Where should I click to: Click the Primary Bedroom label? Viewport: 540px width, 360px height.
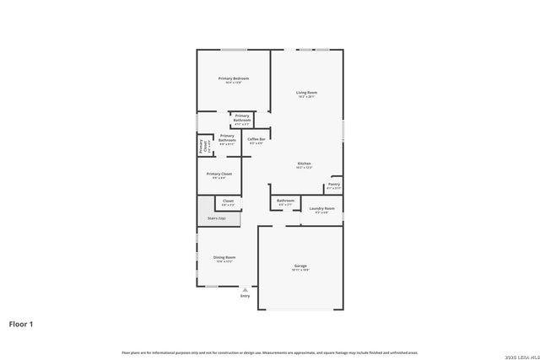click(x=234, y=78)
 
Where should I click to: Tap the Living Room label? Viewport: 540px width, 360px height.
click(x=306, y=92)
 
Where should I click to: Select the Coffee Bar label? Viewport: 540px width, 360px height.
click(x=256, y=139)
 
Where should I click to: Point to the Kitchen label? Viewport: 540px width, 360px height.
click(x=304, y=163)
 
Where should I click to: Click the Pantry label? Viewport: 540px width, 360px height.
click(x=334, y=184)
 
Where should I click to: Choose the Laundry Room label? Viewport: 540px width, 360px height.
click(x=321, y=208)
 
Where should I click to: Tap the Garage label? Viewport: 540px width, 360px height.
click(x=300, y=266)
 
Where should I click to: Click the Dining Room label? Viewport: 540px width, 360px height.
click(x=224, y=257)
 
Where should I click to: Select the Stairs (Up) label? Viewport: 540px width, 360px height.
click(x=217, y=218)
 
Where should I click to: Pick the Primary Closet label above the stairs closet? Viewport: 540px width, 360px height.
click(x=219, y=174)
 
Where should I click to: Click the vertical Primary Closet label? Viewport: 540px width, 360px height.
click(x=202, y=145)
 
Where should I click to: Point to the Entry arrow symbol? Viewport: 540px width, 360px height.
click(x=245, y=289)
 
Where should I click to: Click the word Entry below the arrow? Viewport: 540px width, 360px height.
click(x=245, y=296)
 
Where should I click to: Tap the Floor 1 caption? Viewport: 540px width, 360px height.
click(x=22, y=323)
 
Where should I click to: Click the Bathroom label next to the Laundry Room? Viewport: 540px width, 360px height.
click(x=285, y=201)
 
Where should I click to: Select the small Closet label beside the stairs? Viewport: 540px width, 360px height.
click(x=228, y=201)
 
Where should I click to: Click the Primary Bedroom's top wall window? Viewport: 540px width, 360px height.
click(x=234, y=49)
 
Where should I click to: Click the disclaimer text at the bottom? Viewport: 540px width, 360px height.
click(x=269, y=352)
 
